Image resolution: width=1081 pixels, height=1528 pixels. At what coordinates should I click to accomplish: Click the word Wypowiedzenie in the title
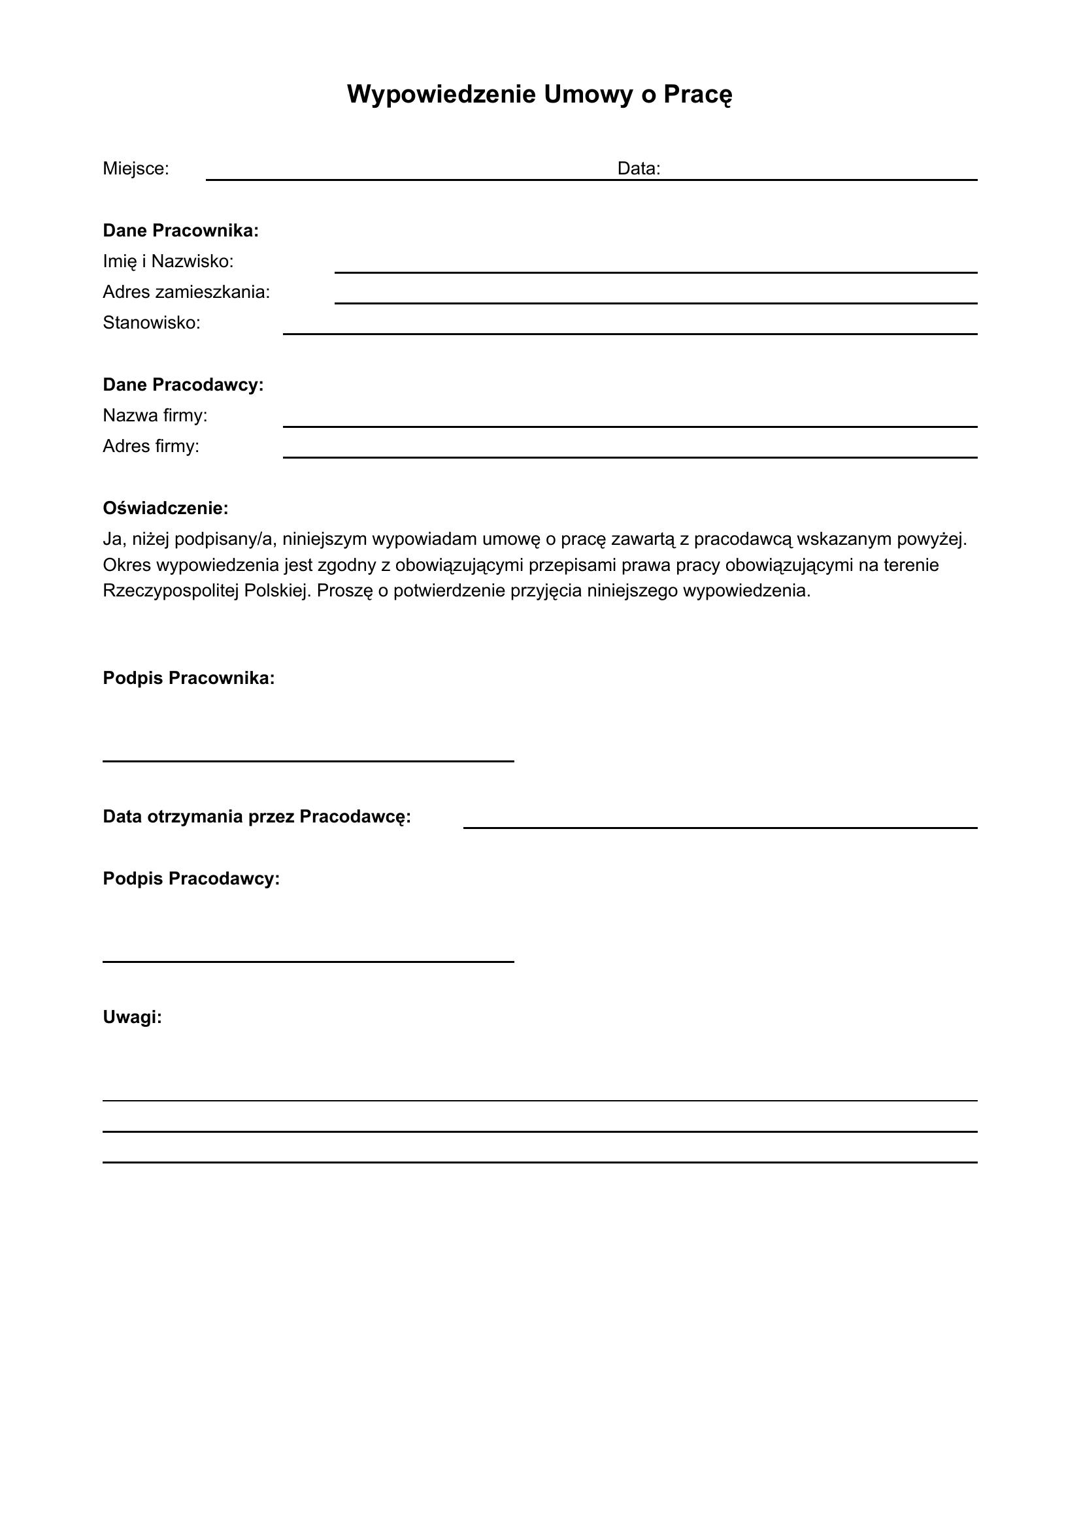[x=441, y=95]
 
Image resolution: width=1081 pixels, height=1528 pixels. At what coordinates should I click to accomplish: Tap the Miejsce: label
[x=136, y=169]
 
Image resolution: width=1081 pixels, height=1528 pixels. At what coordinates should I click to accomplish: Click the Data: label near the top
[x=639, y=169]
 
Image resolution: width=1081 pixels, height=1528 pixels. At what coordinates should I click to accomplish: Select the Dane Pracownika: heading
[x=180, y=231]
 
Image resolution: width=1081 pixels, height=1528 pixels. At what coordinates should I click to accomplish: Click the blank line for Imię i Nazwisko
[x=655, y=271]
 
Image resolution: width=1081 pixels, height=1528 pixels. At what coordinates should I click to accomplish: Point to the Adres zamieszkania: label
[x=186, y=292]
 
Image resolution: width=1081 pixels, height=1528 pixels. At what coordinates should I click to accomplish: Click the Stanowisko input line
[x=629, y=333]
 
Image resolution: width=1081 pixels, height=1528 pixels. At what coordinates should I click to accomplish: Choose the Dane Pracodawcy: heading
[x=183, y=385]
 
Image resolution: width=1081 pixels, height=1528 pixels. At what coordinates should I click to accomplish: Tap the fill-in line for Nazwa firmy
[x=629, y=425]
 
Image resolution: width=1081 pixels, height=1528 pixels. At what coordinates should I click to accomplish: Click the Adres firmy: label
[x=151, y=446]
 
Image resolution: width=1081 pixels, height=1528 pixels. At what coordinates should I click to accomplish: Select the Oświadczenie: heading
[x=166, y=508]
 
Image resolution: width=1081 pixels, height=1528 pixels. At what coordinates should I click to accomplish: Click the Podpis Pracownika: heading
[x=188, y=678]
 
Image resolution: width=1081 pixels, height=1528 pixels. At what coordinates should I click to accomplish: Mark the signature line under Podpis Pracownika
[x=308, y=760]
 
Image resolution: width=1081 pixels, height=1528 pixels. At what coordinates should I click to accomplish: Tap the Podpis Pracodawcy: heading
[x=191, y=879]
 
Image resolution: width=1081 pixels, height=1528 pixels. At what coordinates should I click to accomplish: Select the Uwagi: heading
[x=133, y=1017]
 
